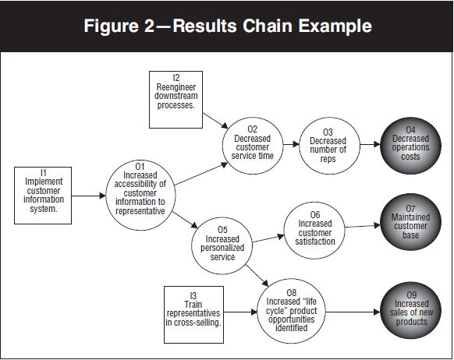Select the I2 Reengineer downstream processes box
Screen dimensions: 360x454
175,99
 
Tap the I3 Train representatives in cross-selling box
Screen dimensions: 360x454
193,312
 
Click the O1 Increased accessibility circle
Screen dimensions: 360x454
140,194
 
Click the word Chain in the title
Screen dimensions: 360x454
277,26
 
